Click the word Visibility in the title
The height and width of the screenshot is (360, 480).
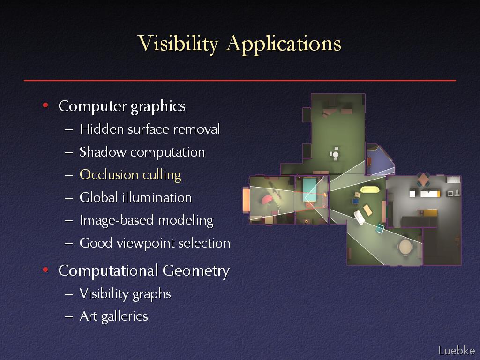pyautogui.click(x=178, y=44)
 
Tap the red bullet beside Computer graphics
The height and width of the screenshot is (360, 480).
pyautogui.click(x=45, y=105)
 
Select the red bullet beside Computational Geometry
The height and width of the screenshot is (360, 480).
pyautogui.click(x=45, y=270)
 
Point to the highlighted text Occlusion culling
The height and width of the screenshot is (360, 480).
pyautogui.click(x=130, y=175)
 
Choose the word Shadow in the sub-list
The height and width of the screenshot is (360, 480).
pyautogui.click(x=103, y=152)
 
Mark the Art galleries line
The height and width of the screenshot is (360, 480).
pyautogui.click(x=114, y=316)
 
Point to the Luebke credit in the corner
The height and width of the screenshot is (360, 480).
pyautogui.click(x=457, y=350)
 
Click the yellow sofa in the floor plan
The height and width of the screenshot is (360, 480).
pyautogui.click(x=370, y=189)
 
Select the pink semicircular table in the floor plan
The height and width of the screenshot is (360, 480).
pyautogui.click(x=267, y=200)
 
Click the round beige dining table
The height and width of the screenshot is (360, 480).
pyautogui.click(x=405, y=247)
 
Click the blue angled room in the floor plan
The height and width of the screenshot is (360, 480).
pyautogui.click(x=380, y=161)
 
